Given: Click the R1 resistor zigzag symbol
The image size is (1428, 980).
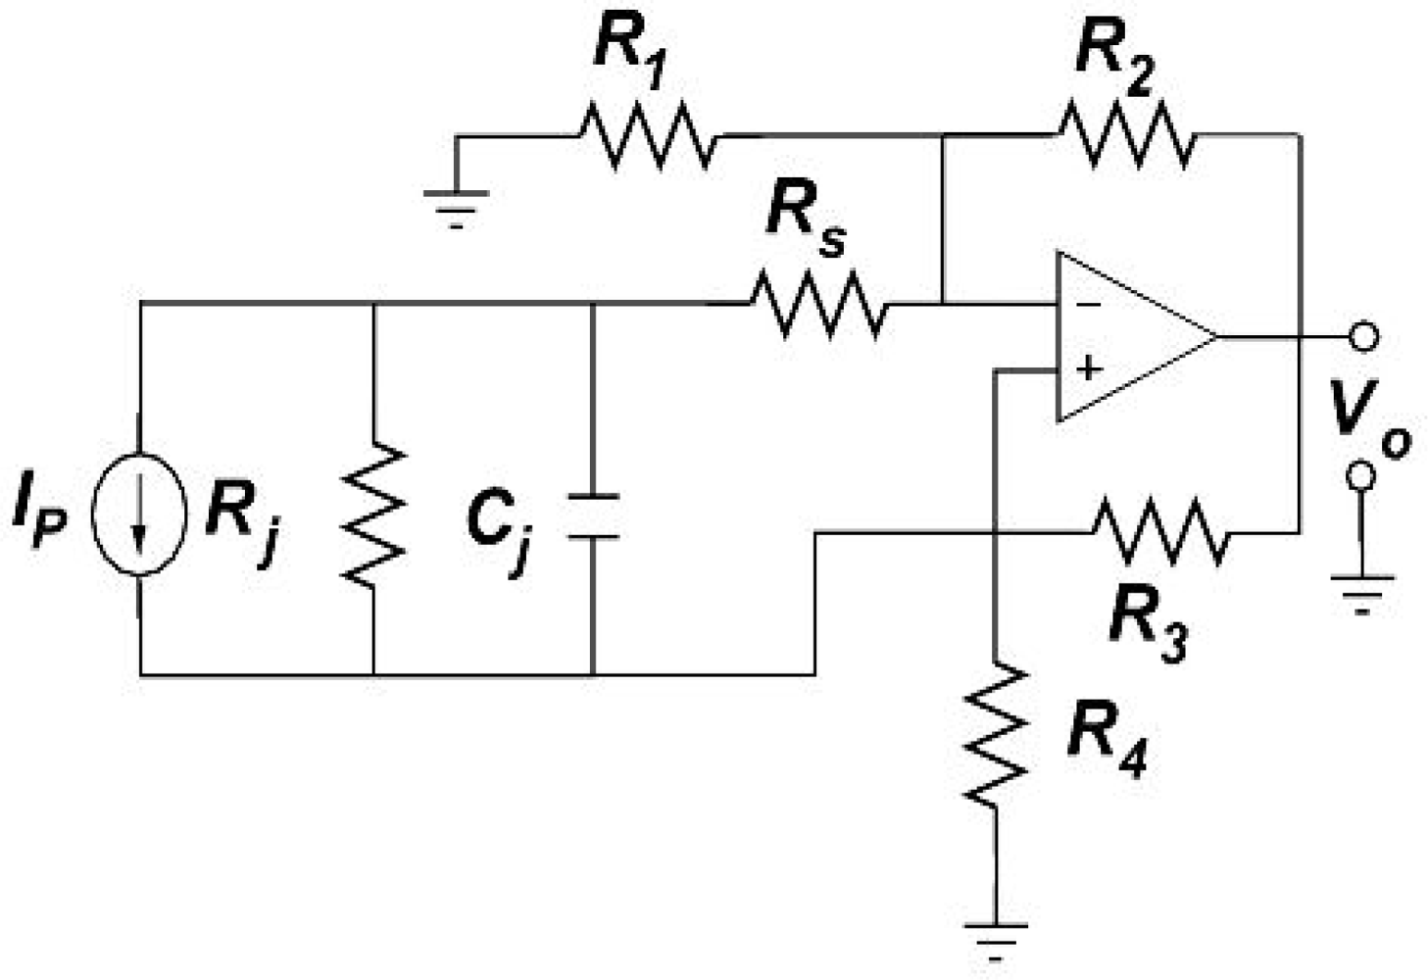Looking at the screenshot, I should (647, 135).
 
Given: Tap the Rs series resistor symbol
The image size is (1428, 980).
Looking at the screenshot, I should (818, 304).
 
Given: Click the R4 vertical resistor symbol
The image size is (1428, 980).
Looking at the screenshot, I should (996, 735).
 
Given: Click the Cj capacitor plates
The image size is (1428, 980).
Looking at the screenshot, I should (593, 516).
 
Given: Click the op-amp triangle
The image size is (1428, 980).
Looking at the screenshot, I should (1127, 337).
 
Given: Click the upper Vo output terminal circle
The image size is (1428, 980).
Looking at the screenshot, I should (1361, 337).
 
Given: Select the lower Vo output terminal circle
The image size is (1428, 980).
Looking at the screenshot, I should (1361, 476).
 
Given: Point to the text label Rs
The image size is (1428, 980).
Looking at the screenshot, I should (804, 220).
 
